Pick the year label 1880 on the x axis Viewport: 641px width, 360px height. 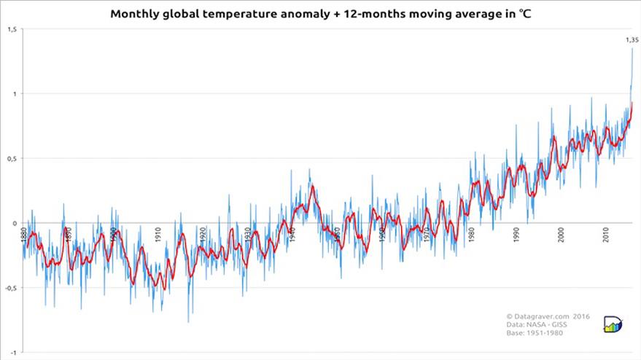[23, 235]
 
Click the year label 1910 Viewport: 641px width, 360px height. [158, 235]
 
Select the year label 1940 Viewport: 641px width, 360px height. [292, 235]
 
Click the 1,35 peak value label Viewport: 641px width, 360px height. [632, 40]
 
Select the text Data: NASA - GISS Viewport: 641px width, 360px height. [536, 324]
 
